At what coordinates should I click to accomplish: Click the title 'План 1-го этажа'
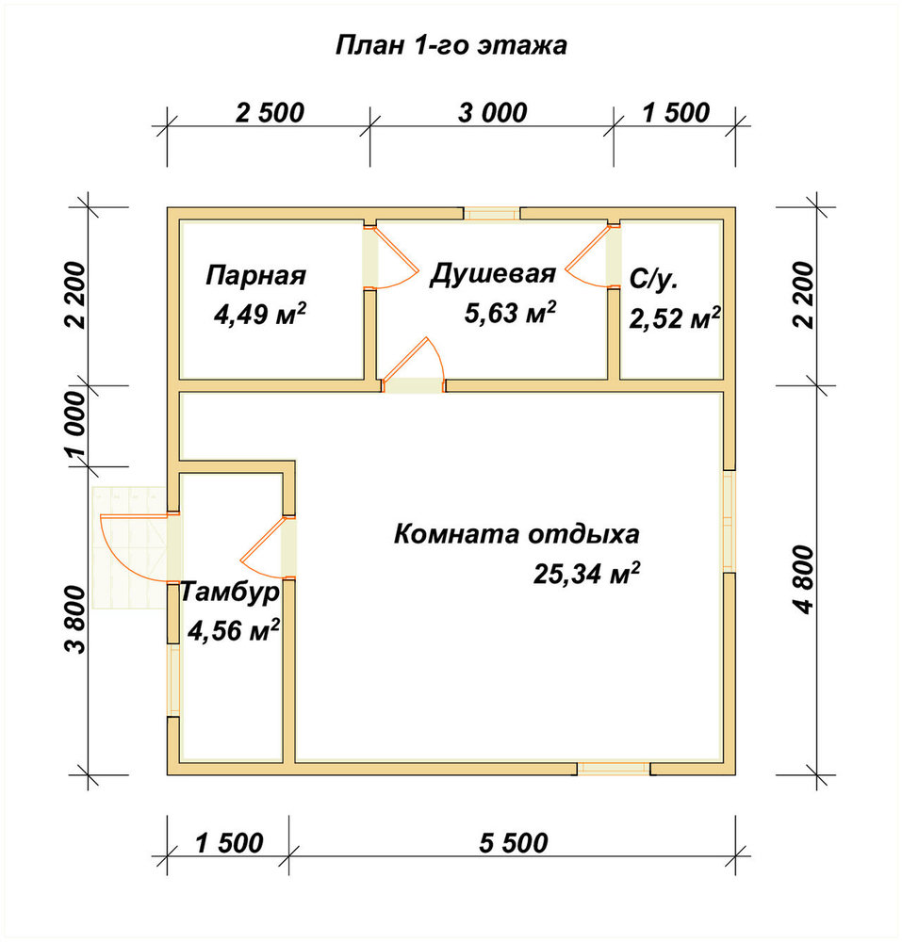pyautogui.click(x=451, y=45)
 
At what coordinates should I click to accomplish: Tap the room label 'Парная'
pyautogui.click(x=256, y=275)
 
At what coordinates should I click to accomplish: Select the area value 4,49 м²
pyautogui.click(x=260, y=314)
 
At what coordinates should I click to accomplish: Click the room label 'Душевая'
pyautogui.click(x=493, y=274)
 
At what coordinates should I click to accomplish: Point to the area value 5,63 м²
pyautogui.click(x=510, y=313)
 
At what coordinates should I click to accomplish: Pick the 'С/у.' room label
pyautogui.click(x=654, y=280)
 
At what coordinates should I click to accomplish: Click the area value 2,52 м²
pyautogui.click(x=675, y=318)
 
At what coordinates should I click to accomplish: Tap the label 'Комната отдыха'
pyautogui.click(x=517, y=534)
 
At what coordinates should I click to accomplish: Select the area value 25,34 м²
pyautogui.click(x=586, y=574)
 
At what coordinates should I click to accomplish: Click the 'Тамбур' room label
pyautogui.click(x=230, y=592)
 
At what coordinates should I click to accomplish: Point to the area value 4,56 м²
pyautogui.click(x=234, y=631)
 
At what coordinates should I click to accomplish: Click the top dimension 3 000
pyautogui.click(x=492, y=113)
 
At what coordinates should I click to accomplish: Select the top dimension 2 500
pyautogui.click(x=270, y=113)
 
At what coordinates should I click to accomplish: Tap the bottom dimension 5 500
pyautogui.click(x=513, y=843)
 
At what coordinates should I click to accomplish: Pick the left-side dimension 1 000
pyautogui.click(x=77, y=426)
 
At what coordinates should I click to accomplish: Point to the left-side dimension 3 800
pyautogui.click(x=77, y=619)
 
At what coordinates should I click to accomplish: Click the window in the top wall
pyautogui.click(x=492, y=214)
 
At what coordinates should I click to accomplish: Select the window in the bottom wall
pyautogui.click(x=614, y=769)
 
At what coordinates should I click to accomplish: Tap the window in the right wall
pyautogui.click(x=729, y=521)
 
